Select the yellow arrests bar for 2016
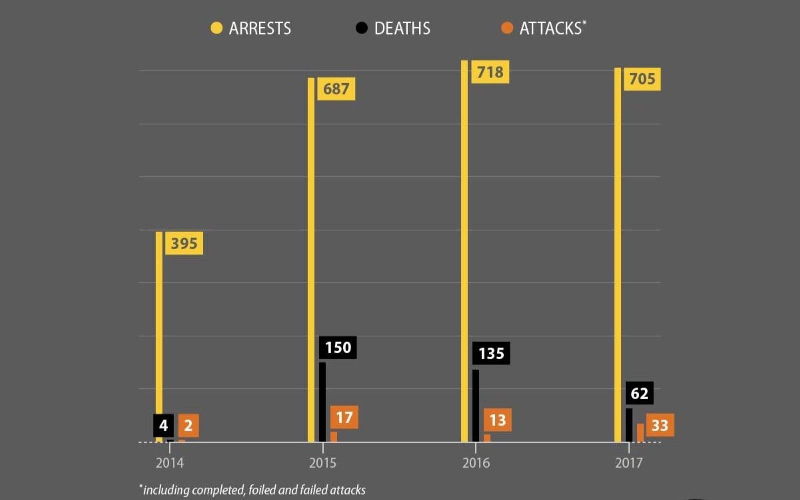pos(464,250)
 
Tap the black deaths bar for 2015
pos(322,402)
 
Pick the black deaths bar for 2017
pos(629,425)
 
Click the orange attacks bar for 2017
pos(640,433)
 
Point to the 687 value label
pos(336,89)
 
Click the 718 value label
pos(490,72)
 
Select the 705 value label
pos(642,79)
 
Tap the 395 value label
pos(184,243)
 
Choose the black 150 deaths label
pos(338,347)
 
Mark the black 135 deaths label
pos(491,353)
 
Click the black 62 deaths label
pos(639,393)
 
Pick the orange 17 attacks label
pos(344,417)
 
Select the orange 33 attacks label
pos(660,425)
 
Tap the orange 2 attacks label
pos(188,426)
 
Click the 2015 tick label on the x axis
pos(323,463)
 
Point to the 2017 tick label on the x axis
pos(629,463)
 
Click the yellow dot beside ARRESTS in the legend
pos(216,28)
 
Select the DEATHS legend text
pos(402,28)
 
